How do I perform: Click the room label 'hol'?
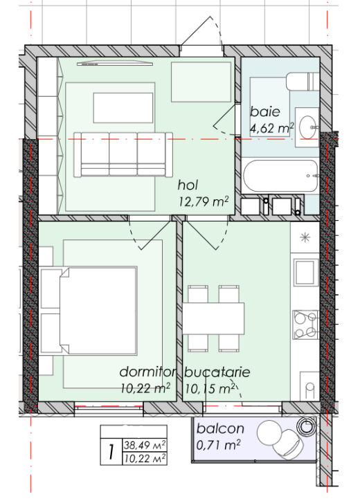(188, 185)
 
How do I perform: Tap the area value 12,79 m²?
(204, 201)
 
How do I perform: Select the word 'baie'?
(264, 111)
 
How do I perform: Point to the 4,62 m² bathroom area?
(271, 128)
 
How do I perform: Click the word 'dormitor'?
(147, 372)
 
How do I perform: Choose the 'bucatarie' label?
(217, 372)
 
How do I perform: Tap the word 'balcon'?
(220, 428)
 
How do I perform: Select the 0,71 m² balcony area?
(218, 445)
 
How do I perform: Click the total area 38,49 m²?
(145, 445)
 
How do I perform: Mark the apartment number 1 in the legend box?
(111, 452)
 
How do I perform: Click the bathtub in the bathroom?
(280, 176)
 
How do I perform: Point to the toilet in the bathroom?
(303, 82)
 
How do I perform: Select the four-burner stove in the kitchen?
(305, 325)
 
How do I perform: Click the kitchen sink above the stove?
(305, 272)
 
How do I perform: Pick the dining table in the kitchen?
(213, 318)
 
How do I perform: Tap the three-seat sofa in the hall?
(123, 154)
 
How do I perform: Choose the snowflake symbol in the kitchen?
(305, 237)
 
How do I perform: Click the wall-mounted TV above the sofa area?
(115, 64)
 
